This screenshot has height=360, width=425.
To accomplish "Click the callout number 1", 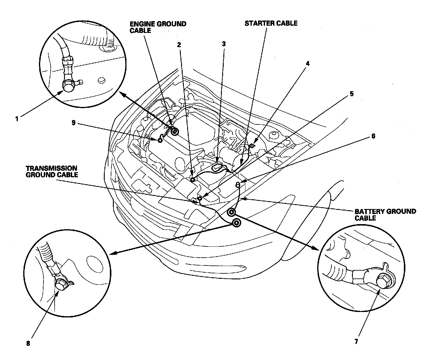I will (x=17, y=119).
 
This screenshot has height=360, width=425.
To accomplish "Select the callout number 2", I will (x=179, y=45).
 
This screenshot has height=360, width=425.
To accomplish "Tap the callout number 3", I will (x=224, y=44).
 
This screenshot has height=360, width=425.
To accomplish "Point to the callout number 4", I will (x=307, y=63).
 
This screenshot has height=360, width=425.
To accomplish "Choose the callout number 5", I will (x=351, y=94).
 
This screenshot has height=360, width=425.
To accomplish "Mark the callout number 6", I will (x=373, y=136).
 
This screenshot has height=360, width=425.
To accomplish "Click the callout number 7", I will (x=356, y=342).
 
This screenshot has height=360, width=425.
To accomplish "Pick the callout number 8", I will (x=28, y=343).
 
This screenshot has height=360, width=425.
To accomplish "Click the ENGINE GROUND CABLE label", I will (x=158, y=27).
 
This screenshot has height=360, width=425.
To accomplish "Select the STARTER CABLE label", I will (x=271, y=23).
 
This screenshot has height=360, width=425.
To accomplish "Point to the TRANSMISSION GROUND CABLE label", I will (x=51, y=171).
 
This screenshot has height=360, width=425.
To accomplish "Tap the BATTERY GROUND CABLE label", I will (x=385, y=214).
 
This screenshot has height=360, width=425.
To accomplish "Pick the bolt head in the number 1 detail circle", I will (x=69, y=87).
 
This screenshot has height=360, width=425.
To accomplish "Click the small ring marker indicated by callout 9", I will (x=160, y=140).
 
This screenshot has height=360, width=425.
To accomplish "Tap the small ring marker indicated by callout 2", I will (x=192, y=180).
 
